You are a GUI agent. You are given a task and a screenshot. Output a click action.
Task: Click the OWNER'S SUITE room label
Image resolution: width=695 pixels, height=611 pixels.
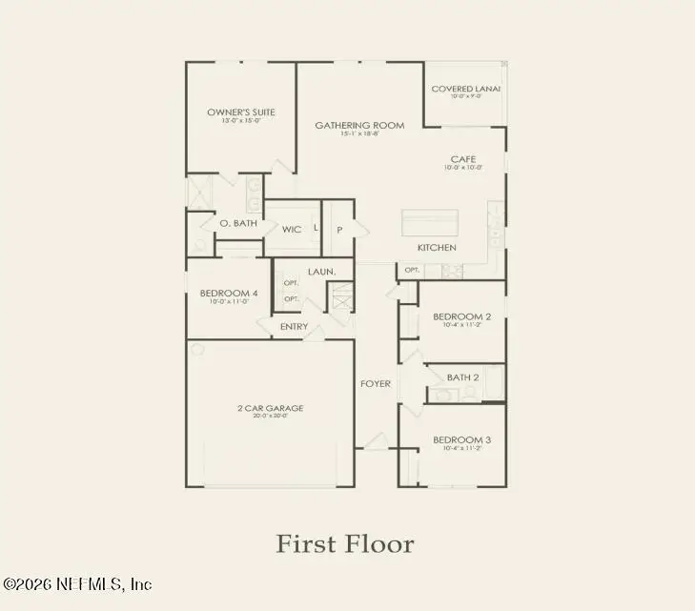point(241,112)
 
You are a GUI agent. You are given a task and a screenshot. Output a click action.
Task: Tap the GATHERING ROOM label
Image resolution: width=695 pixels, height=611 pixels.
point(359,125)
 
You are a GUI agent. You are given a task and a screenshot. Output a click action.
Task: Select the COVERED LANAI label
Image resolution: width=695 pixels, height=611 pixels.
point(465,90)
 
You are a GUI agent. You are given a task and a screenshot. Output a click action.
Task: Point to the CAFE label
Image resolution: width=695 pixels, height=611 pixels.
point(463,159)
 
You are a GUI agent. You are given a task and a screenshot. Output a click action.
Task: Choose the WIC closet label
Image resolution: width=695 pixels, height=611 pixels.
point(292,230)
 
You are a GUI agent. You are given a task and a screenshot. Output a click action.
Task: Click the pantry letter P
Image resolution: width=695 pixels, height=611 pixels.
point(338,230)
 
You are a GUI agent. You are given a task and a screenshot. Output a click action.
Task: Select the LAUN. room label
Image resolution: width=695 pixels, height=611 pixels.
point(321,272)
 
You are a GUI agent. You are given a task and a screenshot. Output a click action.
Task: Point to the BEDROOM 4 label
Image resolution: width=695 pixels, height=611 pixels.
point(228,293)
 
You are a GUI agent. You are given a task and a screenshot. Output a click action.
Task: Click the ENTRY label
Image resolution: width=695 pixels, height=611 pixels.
point(293,327)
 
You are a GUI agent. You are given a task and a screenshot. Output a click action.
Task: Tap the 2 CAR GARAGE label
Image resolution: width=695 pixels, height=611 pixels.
point(271,408)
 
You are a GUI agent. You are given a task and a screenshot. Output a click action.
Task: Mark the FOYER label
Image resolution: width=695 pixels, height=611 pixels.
point(375,385)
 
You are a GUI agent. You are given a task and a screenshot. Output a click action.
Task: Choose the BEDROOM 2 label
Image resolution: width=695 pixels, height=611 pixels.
point(461,316)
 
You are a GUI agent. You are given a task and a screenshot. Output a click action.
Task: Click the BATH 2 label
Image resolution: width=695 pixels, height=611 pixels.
point(462,377)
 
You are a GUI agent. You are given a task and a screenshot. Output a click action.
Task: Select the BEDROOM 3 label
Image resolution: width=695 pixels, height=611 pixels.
point(461,439)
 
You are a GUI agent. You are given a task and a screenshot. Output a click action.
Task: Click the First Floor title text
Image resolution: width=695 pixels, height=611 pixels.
point(345,544)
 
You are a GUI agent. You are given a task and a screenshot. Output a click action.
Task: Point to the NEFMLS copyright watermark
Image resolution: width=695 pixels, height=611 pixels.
point(76,583)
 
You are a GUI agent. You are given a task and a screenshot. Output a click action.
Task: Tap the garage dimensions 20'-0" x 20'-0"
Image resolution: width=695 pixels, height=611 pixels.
point(271,418)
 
